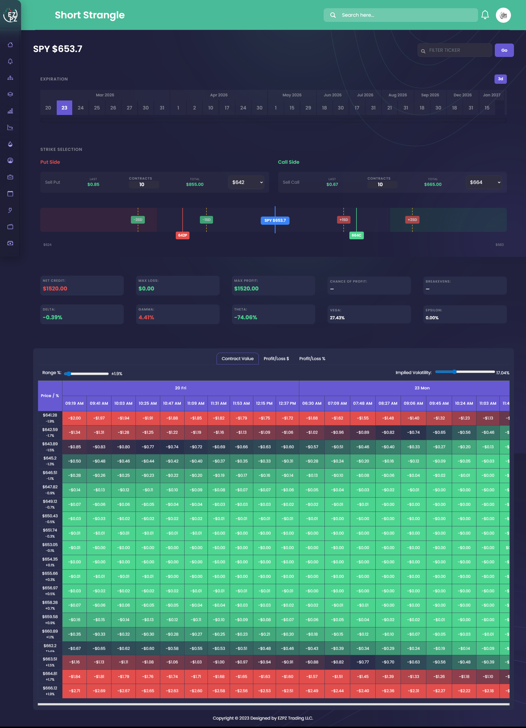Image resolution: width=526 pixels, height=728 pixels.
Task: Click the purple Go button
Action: (504, 50)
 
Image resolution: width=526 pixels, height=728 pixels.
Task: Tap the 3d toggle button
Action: (500, 79)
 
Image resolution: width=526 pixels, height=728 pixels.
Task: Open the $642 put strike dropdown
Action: (246, 182)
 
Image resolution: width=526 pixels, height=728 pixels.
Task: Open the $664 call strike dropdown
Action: (483, 182)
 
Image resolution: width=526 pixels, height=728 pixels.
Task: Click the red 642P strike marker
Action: (183, 235)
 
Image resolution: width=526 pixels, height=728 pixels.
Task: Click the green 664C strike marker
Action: (356, 235)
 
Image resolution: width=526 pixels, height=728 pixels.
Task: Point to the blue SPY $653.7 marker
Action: (275, 220)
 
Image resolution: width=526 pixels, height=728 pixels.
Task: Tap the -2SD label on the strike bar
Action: (138, 220)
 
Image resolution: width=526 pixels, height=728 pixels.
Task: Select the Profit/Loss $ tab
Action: (276, 359)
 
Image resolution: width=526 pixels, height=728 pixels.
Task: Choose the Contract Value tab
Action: (237, 359)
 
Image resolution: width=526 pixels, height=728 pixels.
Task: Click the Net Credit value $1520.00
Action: (55, 289)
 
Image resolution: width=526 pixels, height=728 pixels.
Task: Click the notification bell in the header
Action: (485, 15)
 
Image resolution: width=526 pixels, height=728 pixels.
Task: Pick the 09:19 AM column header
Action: (74, 403)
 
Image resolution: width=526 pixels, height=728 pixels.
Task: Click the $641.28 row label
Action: (50, 418)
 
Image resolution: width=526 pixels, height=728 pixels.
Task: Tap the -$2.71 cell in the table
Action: (74, 691)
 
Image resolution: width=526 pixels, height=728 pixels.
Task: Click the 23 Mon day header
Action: (422, 388)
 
